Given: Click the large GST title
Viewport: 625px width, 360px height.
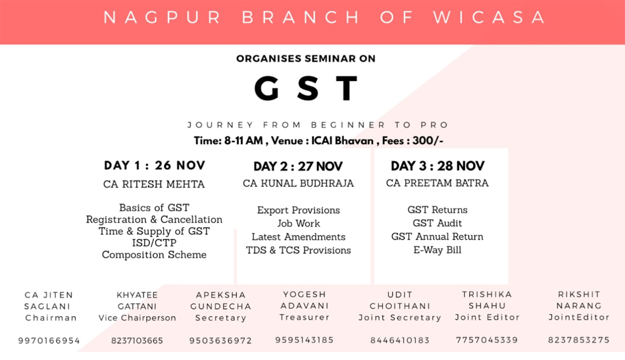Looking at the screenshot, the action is [306, 88].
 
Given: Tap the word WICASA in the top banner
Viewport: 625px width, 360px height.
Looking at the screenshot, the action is [489, 18].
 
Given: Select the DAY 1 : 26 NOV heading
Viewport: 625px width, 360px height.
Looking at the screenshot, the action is [155, 165].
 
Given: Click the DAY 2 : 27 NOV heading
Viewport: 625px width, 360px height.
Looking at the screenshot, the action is [298, 167].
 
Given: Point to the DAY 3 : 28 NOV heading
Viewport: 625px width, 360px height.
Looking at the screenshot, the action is [438, 166].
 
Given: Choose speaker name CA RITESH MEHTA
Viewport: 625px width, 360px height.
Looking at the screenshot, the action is [154, 184].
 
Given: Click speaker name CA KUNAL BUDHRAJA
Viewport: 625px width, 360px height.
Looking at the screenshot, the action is [298, 184].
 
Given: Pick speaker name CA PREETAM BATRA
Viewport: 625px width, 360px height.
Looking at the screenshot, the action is [438, 183].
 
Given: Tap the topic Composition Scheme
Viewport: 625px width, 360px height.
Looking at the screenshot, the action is [154, 255].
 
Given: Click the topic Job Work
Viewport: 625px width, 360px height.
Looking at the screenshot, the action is [299, 223].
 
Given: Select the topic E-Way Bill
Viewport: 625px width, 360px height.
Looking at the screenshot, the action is [438, 250].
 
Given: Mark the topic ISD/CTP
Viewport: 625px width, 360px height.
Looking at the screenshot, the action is [154, 243].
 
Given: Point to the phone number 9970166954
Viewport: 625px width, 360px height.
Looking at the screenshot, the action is [49, 341].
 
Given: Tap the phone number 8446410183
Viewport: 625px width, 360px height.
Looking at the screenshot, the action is [400, 340].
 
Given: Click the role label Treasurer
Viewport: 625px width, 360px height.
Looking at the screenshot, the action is [305, 317].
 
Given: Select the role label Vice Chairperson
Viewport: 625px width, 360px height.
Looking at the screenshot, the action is [137, 318].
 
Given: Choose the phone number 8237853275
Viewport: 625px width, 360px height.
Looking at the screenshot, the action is [579, 340].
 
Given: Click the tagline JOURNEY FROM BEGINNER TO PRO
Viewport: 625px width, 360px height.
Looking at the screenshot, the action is [318, 125].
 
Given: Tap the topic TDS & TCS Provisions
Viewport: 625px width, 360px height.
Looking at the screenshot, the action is [299, 250].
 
